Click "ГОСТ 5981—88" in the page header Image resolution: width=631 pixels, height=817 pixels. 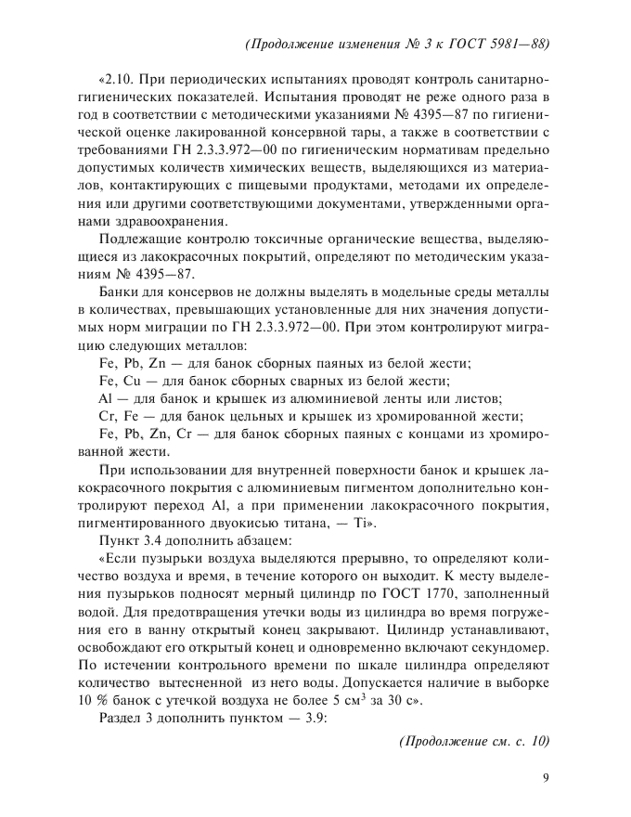point(497,44)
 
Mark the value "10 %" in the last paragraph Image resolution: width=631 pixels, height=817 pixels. point(93,701)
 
